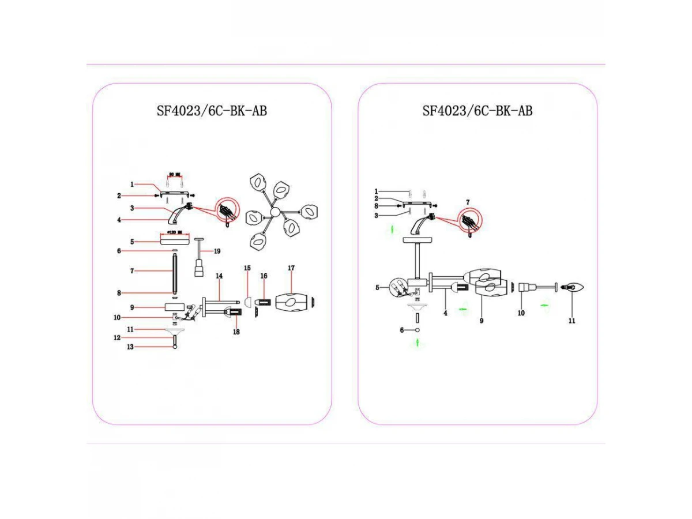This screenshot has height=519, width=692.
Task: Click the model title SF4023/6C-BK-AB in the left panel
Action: pyautogui.click(x=212, y=111)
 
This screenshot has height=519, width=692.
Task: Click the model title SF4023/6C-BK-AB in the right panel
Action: pyautogui.click(x=477, y=111)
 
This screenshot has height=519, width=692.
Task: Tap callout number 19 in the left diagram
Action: pyautogui.click(x=217, y=251)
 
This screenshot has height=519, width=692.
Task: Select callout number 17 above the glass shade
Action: pyautogui.click(x=291, y=268)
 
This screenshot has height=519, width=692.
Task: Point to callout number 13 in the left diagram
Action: pyautogui.click(x=130, y=347)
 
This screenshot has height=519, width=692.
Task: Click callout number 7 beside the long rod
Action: pyautogui.click(x=132, y=270)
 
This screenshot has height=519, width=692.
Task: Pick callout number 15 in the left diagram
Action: pyautogui.click(x=247, y=268)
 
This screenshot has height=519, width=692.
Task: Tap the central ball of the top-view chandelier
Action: pyautogui.click(x=274, y=212)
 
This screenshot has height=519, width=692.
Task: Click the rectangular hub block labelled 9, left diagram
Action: pyautogui.click(x=174, y=307)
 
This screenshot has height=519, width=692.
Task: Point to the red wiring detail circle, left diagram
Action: pyautogui.click(x=227, y=211)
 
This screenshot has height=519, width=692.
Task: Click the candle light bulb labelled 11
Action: pyautogui.click(x=574, y=286)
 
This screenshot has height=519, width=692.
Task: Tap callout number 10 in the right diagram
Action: pyautogui.click(x=521, y=314)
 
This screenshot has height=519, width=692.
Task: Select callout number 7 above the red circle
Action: pyautogui.click(x=468, y=202)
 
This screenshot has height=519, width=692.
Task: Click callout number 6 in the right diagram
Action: pyautogui.click(x=402, y=330)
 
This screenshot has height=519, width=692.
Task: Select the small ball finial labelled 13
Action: pyautogui.click(x=174, y=347)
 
